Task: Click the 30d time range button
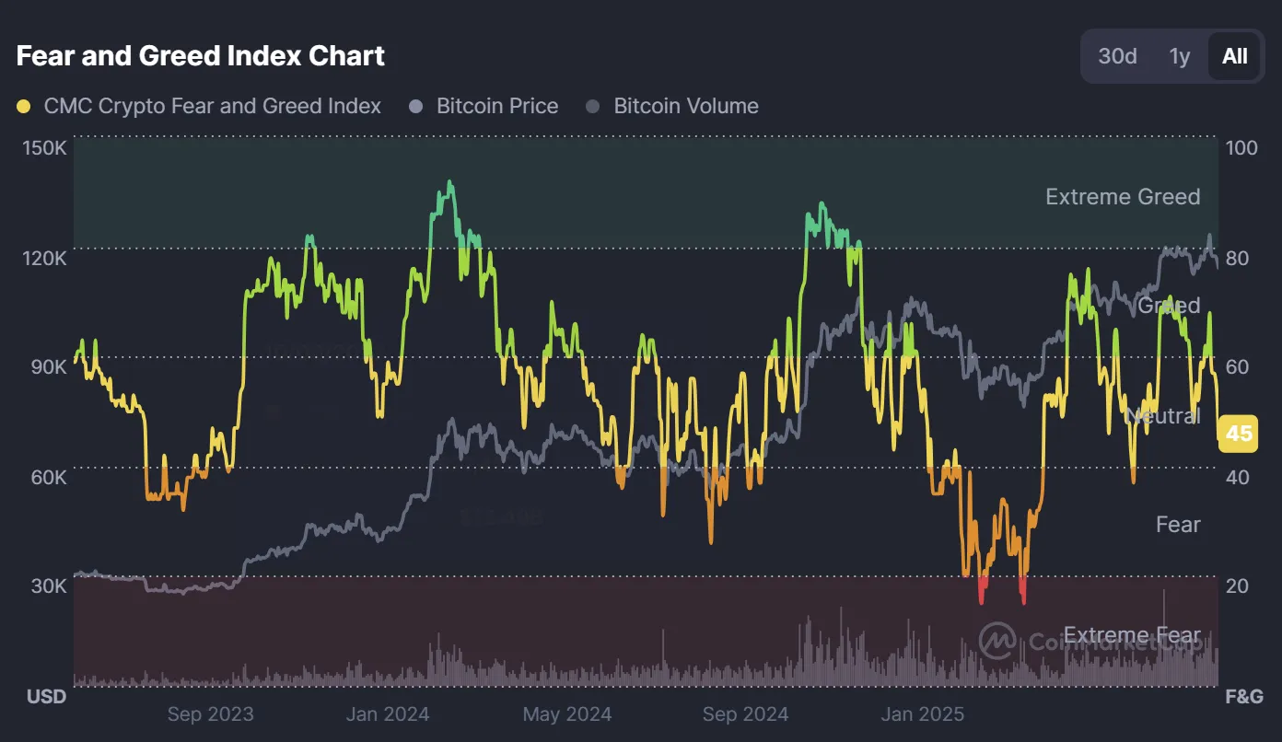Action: [x=1117, y=56]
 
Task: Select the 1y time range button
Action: [x=1180, y=56]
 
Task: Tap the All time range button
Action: [x=1234, y=56]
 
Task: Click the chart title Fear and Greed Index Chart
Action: [x=201, y=56]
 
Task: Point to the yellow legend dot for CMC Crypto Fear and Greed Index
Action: [x=24, y=107]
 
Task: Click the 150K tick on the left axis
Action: [x=44, y=148]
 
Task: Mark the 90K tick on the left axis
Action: [x=49, y=367]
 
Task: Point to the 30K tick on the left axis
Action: [x=49, y=586]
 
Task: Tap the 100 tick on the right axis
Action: [x=1241, y=148]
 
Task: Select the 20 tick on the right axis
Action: [x=1237, y=586]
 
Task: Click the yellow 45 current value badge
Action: [x=1239, y=433]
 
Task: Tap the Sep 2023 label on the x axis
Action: [x=210, y=713]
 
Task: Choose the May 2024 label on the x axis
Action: [x=566, y=713]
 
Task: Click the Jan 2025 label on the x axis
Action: [x=922, y=713]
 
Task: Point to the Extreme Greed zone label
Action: [x=1123, y=196]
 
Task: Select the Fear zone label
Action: [x=1178, y=524]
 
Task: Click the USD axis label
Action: [x=46, y=696]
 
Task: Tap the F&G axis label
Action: [x=1243, y=696]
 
